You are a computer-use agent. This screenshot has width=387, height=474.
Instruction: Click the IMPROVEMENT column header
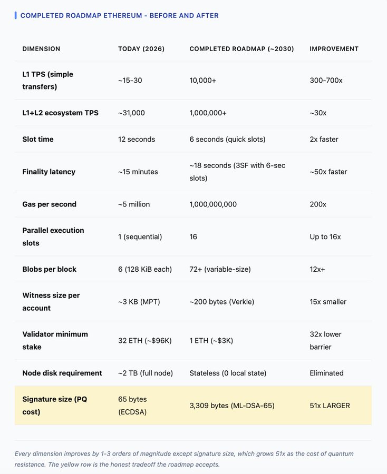pyautogui.click(x=334, y=48)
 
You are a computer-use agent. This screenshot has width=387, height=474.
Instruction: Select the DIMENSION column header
pyautogui.click(x=41, y=48)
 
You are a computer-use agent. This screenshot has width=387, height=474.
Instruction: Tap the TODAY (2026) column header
pyautogui.click(x=141, y=48)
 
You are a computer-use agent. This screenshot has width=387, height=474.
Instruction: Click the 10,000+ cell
pyautogui.click(x=203, y=81)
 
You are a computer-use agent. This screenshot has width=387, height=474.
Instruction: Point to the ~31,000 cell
pyautogui.click(x=131, y=113)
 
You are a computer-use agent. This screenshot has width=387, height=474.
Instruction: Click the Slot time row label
pyautogui.click(x=37, y=139)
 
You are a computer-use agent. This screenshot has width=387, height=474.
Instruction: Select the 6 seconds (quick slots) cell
pyautogui.click(x=227, y=139)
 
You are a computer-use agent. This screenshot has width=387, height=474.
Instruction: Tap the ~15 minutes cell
pyautogui.click(x=138, y=172)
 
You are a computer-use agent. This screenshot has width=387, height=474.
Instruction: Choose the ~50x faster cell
pyautogui.click(x=328, y=172)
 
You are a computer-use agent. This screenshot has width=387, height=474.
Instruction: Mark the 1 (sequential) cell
pyautogui.click(x=140, y=236)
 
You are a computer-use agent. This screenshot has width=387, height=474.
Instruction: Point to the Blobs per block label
pyautogui.click(x=49, y=269)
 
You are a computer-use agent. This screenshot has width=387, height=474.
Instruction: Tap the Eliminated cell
pyautogui.click(x=326, y=373)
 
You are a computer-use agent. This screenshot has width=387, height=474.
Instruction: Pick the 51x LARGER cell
pyautogui.click(x=330, y=406)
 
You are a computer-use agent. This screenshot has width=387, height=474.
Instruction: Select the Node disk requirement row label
pyautogui.click(x=62, y=373)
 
